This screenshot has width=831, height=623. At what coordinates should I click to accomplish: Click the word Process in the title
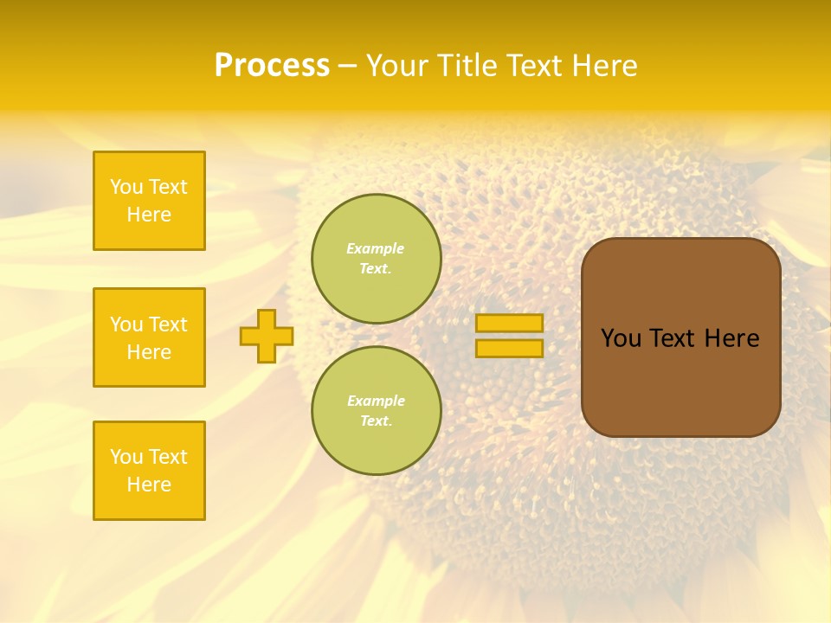click(272, 66)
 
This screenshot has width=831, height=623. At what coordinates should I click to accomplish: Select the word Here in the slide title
click(605, 66)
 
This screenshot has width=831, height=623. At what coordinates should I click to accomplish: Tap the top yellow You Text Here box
click(149, 201)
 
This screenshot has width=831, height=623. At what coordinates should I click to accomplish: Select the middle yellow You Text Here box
click(149, 337)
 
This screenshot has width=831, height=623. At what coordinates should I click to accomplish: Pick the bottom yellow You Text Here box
click(149, 471)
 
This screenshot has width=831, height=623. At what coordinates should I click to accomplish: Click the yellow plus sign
click(267, 336)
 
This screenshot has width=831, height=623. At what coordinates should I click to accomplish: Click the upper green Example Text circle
click(376, 258)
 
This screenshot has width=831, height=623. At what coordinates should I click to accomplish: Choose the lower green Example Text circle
click(376, 410)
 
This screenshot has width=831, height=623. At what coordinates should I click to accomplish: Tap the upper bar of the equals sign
click(509, 323)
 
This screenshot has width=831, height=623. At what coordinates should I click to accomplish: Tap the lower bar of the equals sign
click(509, 348)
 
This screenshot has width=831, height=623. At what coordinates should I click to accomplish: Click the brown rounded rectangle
click(680, 389)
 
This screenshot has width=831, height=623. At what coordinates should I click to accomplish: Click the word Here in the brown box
click(731, 338)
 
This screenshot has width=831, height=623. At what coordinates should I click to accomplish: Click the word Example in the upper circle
click(376, 248)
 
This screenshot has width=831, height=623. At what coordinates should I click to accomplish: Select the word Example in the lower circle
click(376, 401)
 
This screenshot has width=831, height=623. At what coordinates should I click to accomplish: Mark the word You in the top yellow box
click(126, 187)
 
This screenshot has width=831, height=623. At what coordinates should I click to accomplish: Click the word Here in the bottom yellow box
click(149, 485)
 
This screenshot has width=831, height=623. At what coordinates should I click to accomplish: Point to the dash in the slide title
click(348, 66)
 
